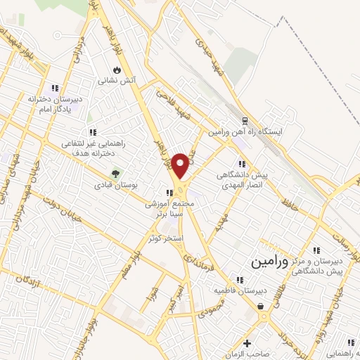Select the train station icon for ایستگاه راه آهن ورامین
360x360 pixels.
(244, 121)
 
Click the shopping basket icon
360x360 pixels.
(261, 307)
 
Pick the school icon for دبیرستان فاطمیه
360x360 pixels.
(269, 278)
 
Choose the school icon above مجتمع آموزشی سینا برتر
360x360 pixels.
(168, 193)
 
